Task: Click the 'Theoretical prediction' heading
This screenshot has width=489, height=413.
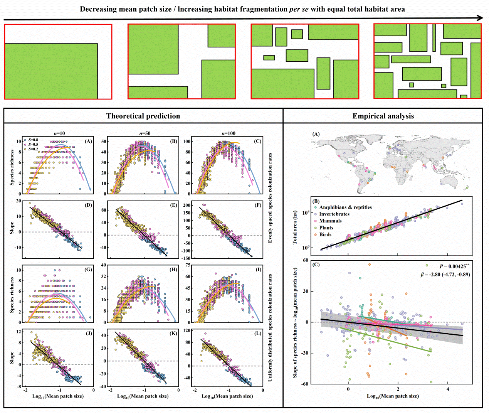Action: pos(143,116)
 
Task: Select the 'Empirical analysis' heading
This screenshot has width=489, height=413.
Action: pos(383,116)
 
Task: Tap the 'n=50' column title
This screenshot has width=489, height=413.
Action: pos(145,133)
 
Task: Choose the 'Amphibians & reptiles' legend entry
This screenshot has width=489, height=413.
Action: pos(345,207)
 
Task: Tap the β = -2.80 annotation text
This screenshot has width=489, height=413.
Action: pos(445,275)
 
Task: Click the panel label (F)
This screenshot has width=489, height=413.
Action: pos(258,205)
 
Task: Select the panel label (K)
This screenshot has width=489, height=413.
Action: pos(173,333)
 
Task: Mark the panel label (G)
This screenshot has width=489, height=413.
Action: pos(88,270)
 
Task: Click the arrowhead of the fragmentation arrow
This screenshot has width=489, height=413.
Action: pos(480,18)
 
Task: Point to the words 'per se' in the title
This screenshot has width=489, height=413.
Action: pos(299,9)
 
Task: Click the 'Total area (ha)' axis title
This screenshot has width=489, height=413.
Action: pos(295,227)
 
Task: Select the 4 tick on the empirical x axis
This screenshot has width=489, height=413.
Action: pos(448,389)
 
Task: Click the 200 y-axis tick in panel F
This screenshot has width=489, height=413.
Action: pos(187,206)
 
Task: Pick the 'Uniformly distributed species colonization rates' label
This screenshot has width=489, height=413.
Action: pos(270,328)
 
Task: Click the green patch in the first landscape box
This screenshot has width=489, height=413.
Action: pos(51,71)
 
